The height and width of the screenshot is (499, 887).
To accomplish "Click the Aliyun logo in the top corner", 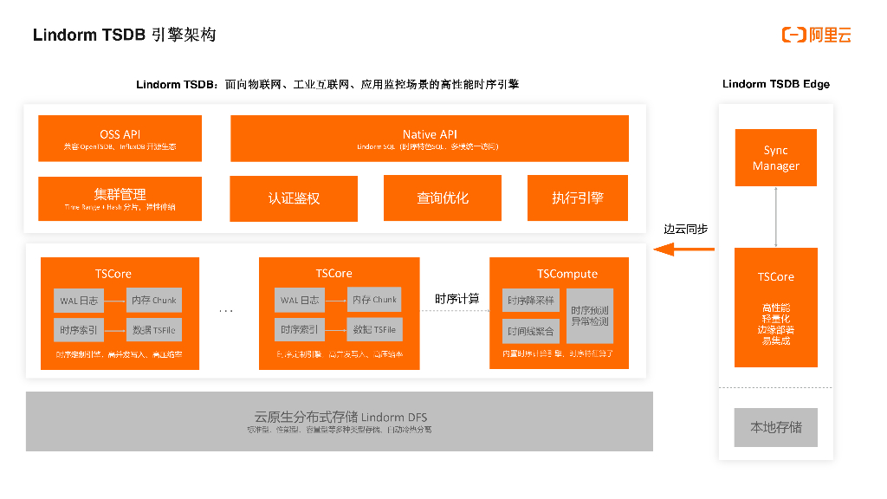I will [x=816, y=35].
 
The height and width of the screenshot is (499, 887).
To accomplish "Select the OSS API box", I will [x=120, y=139].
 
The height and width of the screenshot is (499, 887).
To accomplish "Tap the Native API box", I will [x=430, y=139].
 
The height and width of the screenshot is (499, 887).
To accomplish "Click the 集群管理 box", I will [x=120, y=198].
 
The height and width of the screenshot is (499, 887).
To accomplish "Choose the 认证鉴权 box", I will [x=294, y=198].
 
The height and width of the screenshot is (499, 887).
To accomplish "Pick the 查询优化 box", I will [x=442, y=198].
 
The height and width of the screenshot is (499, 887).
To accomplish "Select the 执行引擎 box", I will [x=578, y=198].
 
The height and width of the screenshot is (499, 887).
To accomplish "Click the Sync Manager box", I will [x=775, y=158].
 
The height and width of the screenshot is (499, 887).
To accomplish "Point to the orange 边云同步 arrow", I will [x=683, y=249].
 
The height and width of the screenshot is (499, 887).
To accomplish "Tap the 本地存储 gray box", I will [x=775, y=427].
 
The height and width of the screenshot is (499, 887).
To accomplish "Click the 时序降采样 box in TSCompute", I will [x=530, y=301].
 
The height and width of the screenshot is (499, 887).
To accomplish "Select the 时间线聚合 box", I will [x=530, y=331].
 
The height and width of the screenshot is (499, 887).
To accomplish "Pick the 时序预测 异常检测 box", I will [x=590, y=316].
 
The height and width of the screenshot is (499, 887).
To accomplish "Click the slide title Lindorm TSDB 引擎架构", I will [x=124, y=35].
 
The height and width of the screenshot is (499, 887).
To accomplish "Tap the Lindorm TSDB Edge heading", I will [x=775, y=84].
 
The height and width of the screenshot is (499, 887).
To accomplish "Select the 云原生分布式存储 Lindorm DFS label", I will [x=339, y=417].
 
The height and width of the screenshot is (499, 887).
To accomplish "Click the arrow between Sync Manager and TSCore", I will [x=775, y=217].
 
